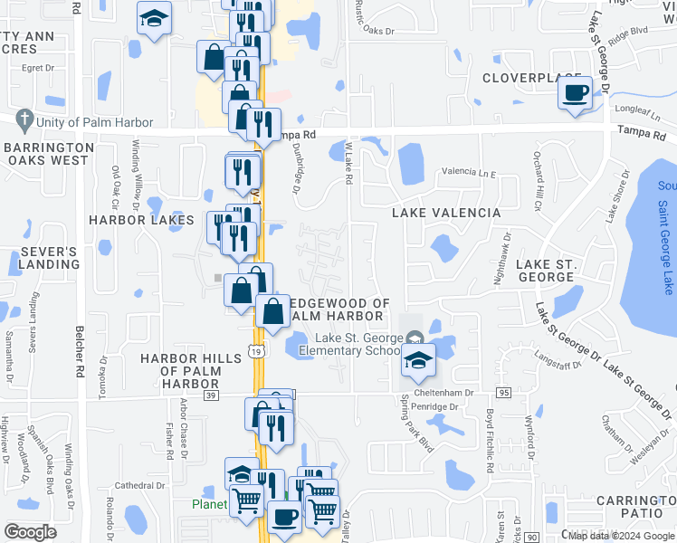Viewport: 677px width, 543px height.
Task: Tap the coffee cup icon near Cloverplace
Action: pyautogui.click(x=576, y=92)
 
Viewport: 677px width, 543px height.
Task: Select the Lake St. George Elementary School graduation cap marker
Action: pyautogui.click(x=418, y=358)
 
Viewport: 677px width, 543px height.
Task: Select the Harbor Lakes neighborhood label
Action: pyautogui.click(x=141, y=220)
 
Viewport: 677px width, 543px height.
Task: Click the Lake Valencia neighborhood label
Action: pyautogui.click(x=445, y=213)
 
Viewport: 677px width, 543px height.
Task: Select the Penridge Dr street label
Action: pyautogui.click(x=437, y=407)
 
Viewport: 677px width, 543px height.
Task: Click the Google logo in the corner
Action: pyautogui.click(x=30, y=532)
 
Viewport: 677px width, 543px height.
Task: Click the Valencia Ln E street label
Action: pyautogui.click(x=469, y=171)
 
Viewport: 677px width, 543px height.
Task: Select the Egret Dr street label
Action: pyautogui.click(x=40, y=67)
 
